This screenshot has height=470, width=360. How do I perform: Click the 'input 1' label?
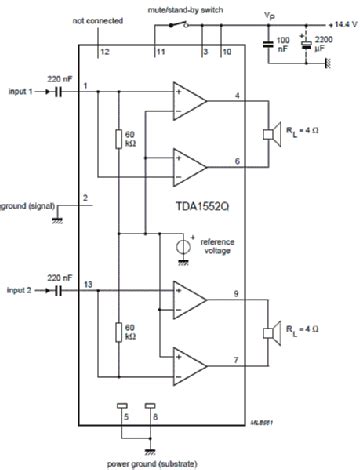19,91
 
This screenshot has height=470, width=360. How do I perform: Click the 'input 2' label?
19,289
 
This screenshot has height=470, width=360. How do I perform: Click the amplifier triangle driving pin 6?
188,160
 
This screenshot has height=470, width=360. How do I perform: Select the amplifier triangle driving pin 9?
188,297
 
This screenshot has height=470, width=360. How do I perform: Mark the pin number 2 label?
86,198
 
